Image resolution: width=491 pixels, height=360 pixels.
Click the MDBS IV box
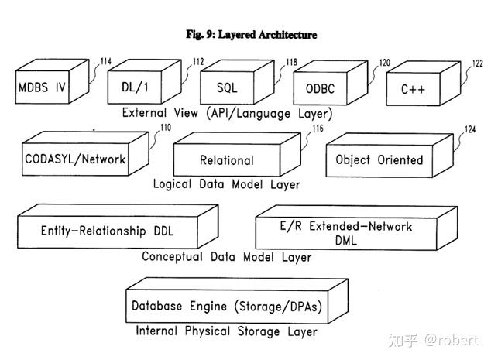(52, 81)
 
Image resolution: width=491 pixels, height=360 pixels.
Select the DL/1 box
(144, 82)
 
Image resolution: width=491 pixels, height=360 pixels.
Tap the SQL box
(237, 82)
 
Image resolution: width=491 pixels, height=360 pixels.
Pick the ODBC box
(331, 83)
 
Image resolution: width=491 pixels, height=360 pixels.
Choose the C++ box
(424, 84)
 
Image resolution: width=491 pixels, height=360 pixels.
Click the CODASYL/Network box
(85, 153)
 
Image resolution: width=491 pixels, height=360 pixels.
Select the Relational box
(237, 154)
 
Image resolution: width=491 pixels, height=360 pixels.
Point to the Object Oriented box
(390, 156)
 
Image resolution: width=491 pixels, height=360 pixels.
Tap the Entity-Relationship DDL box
(118, 226)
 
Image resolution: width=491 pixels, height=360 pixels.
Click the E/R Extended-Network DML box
(356, 228)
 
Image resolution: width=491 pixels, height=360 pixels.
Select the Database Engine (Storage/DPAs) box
(237, 301)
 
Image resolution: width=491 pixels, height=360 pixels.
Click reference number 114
(106, 61)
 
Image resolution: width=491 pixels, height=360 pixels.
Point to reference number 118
(291, 62)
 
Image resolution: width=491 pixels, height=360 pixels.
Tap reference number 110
(166, 128)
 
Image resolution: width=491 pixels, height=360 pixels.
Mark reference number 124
(470, 129)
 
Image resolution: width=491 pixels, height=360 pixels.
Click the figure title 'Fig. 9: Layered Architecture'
(252, 34)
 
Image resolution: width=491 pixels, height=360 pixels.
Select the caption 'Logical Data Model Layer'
(226, 184)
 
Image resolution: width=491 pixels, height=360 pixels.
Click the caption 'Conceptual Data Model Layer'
(226, 257)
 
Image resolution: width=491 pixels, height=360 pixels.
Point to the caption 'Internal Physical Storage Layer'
(226, 331)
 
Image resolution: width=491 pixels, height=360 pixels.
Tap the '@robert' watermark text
(452, 341)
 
